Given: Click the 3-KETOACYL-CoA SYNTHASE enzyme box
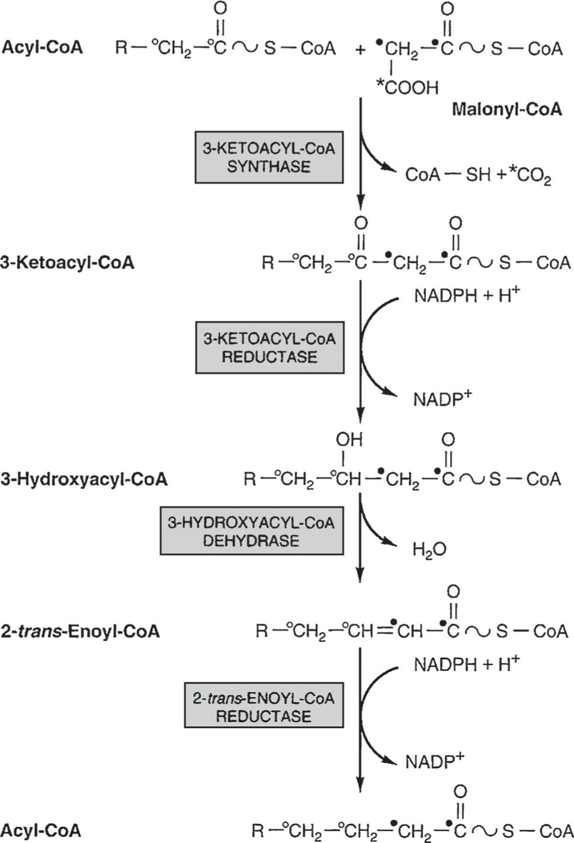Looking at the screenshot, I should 269,157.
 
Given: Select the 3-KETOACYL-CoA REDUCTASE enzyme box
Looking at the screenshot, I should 270,348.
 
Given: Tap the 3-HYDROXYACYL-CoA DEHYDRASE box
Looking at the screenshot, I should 251,531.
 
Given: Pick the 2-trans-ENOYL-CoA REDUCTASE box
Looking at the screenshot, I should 264,707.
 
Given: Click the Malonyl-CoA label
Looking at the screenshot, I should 506,110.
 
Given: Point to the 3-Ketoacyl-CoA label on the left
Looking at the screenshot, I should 67,262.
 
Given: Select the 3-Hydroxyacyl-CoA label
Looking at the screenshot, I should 84,479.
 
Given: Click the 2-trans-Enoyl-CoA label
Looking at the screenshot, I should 80,631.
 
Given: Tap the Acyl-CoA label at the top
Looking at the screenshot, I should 42,47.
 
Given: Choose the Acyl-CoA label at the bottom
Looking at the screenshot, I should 41,830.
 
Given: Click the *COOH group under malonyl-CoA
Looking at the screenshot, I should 408,88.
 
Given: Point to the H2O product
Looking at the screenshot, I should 429,550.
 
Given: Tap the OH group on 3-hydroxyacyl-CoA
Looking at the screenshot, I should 349,440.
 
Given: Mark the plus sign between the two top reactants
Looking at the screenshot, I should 361,49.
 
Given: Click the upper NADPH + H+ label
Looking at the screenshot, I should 466,296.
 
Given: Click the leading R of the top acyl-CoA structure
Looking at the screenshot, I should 121,48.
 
